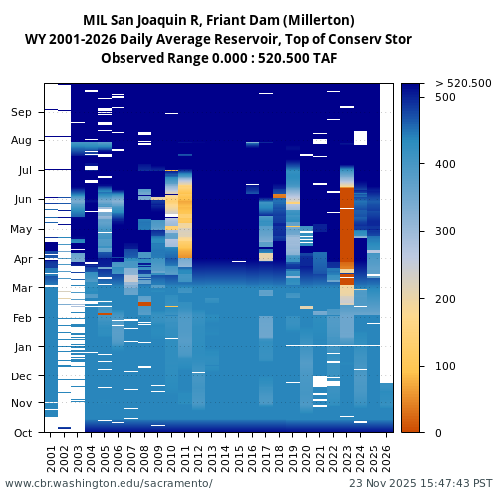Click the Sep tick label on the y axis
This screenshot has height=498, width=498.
tap(22, 113)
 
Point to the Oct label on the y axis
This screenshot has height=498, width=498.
tap(22, 433)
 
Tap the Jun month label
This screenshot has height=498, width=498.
tap(22, 200)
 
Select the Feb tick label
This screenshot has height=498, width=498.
tap(22, 318)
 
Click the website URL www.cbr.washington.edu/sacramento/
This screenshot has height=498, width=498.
tap(109, 483)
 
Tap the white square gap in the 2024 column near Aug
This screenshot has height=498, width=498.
tap(360, 137)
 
